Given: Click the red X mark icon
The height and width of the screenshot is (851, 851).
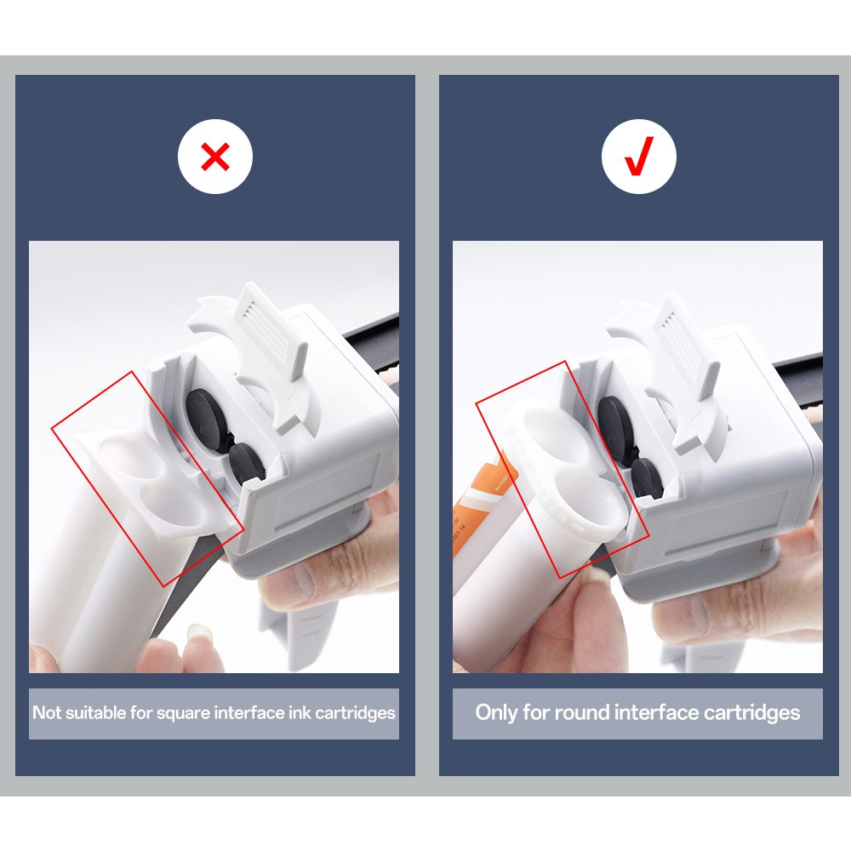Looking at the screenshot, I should (215, 157).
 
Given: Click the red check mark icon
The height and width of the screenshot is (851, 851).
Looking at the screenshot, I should (638, 157).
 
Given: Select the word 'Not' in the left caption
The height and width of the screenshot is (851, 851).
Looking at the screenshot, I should (47, 713).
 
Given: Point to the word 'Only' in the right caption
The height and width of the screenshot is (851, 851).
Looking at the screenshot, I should (496, 712).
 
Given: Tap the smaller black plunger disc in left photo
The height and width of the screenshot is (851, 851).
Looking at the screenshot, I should (246, 465).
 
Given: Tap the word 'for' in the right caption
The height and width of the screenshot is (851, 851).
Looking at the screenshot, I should (536, 712).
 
